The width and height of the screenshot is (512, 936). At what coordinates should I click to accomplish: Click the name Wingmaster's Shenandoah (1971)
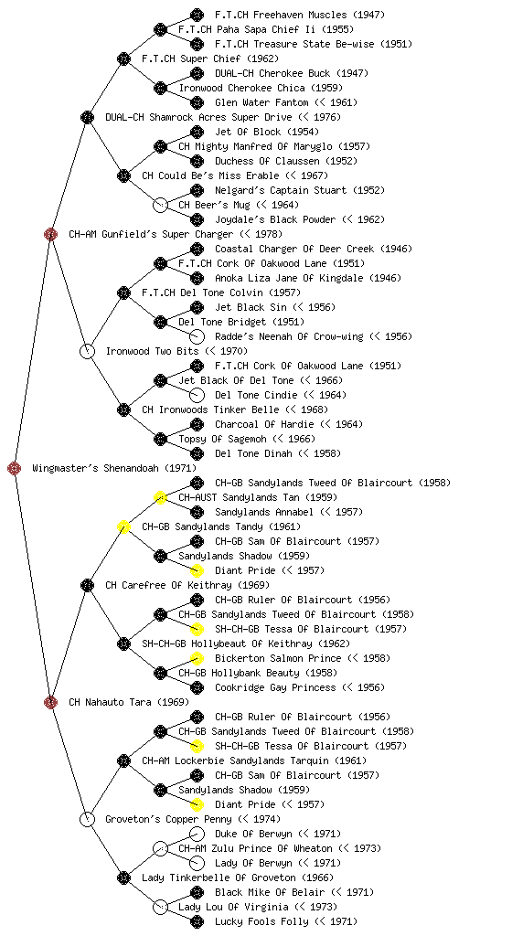pyautogui.click(x=114, y=468)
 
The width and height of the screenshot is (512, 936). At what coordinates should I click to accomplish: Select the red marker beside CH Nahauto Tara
pyautogui.click(x=50, y=702)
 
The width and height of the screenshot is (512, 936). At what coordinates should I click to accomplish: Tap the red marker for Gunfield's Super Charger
pyautogui.click(x=50, y=234)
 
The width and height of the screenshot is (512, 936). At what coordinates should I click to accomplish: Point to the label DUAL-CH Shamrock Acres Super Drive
pyautogui.click(x=198, y=117)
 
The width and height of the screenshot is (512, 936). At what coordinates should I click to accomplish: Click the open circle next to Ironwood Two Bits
pyautogui.click(x=87, y=351)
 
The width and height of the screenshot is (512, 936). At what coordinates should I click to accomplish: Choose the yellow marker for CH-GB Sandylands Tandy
pyautogui.click(x=123, y=526)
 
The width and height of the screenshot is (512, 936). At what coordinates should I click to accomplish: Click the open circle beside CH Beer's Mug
pyautogui.click(x=160, y=205)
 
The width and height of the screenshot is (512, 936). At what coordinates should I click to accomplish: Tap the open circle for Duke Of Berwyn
pyautogui.click(x=197, y=834)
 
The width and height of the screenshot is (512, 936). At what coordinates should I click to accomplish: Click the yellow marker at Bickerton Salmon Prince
pyautogui.click(x=197, y=658)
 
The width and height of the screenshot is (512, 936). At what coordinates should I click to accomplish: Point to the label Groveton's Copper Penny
pyautogui.click(x=168, y=819)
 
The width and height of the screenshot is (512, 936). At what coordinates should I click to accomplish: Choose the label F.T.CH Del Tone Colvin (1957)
pyautogui.click(x=220, y=292)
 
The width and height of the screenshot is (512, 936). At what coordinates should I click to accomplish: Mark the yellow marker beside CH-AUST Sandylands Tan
pyautogui.click(x=160, y=497)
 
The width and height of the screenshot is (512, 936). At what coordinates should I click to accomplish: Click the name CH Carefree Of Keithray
pyautogui.click(x=169, y=585)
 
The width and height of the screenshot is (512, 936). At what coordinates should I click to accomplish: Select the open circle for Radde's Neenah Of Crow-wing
pyautogui.click(x=197, y=336)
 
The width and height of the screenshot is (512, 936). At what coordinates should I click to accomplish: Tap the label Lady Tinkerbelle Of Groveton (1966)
pyautogui.click(x=238, y=877)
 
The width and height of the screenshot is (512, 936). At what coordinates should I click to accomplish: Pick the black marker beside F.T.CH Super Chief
pyautogui.click(x=123, y=58)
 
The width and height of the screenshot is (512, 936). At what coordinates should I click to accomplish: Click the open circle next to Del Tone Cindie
pyautogui.click(x=197, y=395)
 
